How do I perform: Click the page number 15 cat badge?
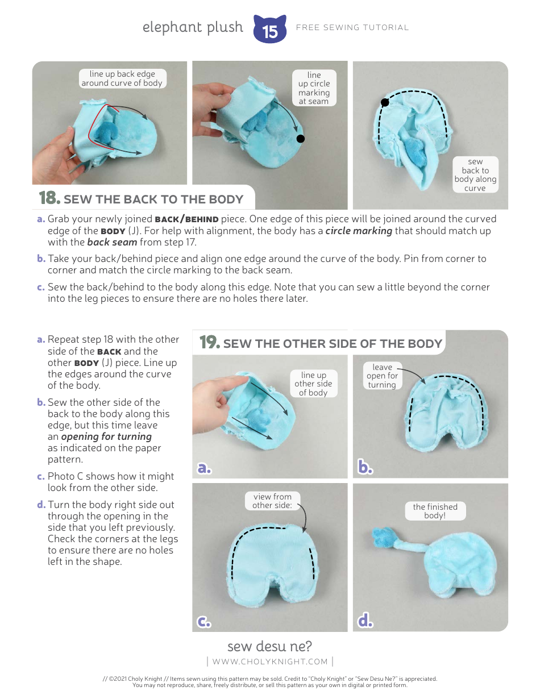269,30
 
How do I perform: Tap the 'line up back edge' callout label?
122,78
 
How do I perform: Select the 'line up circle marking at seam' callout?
314,88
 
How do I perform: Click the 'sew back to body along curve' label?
475,175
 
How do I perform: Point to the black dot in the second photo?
301,139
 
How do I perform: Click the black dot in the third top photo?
385,102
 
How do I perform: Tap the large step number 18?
49,198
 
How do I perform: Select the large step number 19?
209,343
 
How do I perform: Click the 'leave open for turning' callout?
382,376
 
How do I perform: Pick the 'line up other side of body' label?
313,384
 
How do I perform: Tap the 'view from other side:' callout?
272,501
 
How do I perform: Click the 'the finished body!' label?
435,511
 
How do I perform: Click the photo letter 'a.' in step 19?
204,468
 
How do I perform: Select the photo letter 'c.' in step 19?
204,622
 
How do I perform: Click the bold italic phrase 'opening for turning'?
106,436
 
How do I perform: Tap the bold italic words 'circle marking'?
358,231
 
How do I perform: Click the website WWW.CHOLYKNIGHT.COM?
270,661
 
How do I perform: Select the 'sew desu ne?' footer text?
269,646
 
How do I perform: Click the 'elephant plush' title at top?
193,27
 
